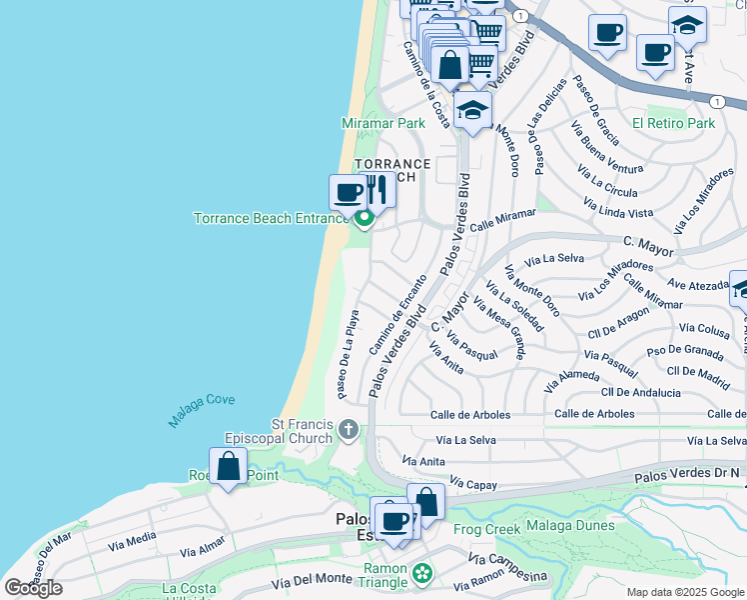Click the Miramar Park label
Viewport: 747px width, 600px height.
[x=383, y=123]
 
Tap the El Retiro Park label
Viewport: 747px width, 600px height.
[x=674, y=123]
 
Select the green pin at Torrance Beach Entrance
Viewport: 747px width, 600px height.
[x=365, y=216]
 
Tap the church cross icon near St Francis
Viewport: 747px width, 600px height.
[x=349, y=430]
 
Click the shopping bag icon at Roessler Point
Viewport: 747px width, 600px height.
[x=229, y=467]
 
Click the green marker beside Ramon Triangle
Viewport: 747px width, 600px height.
[x=423, y=574]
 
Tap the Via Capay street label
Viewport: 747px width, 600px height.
[x=472, y=483]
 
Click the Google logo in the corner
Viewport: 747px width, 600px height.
[x=34, y=588]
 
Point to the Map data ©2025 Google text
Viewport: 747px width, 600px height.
[x=684, y=592]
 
